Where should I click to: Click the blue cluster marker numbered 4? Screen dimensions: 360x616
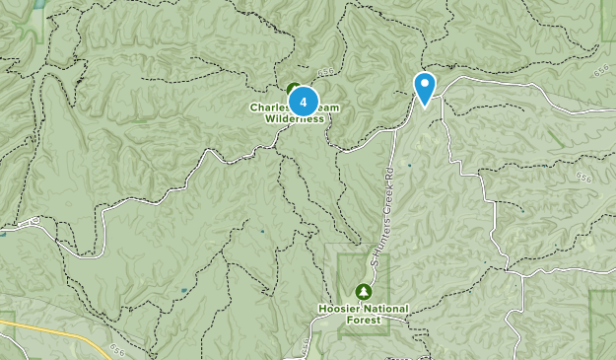pos(304,101)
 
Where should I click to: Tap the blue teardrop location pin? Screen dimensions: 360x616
pos(425,87)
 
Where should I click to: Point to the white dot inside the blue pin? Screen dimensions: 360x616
pos(425,83)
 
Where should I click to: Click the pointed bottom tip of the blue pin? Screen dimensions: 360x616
pos(425,106)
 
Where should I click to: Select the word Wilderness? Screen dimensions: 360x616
pos(294,118)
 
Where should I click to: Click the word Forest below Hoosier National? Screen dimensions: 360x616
pos(363,320)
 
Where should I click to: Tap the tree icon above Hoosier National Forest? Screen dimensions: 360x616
pos(363,291)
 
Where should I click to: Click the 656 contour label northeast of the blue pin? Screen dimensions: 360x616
pos(600,70)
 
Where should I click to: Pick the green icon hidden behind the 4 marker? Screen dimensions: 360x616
pos(293,89)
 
